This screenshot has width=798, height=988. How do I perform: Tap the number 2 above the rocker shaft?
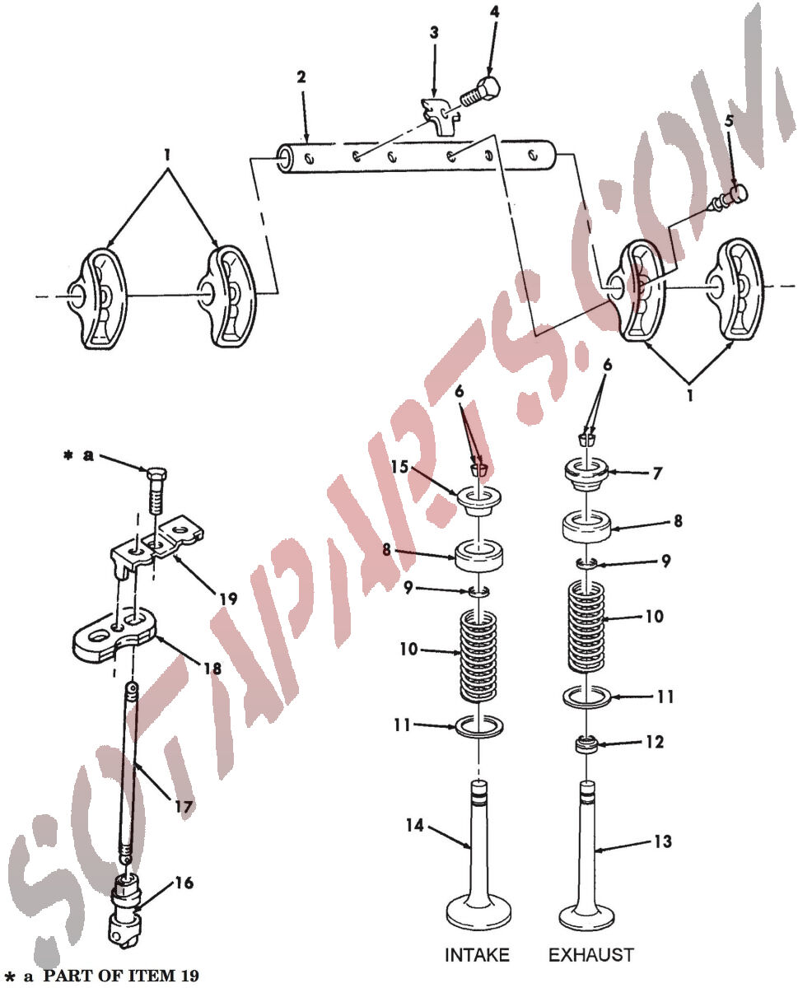click(301, 77)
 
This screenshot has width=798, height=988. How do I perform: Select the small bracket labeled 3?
click(439, 116)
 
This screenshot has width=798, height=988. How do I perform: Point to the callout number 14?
click(414, 825)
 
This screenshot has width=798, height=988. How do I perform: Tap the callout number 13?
click(662, 841)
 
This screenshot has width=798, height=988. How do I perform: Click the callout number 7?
click(657, 473)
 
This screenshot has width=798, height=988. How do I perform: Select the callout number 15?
click(399, 467)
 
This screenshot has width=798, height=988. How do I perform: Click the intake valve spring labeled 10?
click(478, 655)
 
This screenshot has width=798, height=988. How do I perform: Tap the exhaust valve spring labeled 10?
click(587, 627)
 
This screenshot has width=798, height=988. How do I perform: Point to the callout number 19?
click(228, 599)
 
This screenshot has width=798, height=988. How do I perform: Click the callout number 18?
click(212, 669)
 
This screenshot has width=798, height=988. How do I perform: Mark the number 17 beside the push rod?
click(184, 807)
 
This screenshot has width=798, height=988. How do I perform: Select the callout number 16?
click(184, 883)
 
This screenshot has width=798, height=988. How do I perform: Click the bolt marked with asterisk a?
click(156, 491)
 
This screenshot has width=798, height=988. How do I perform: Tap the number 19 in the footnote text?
click(189, 976)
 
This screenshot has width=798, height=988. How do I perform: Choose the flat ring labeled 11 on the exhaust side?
click(587, 697)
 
